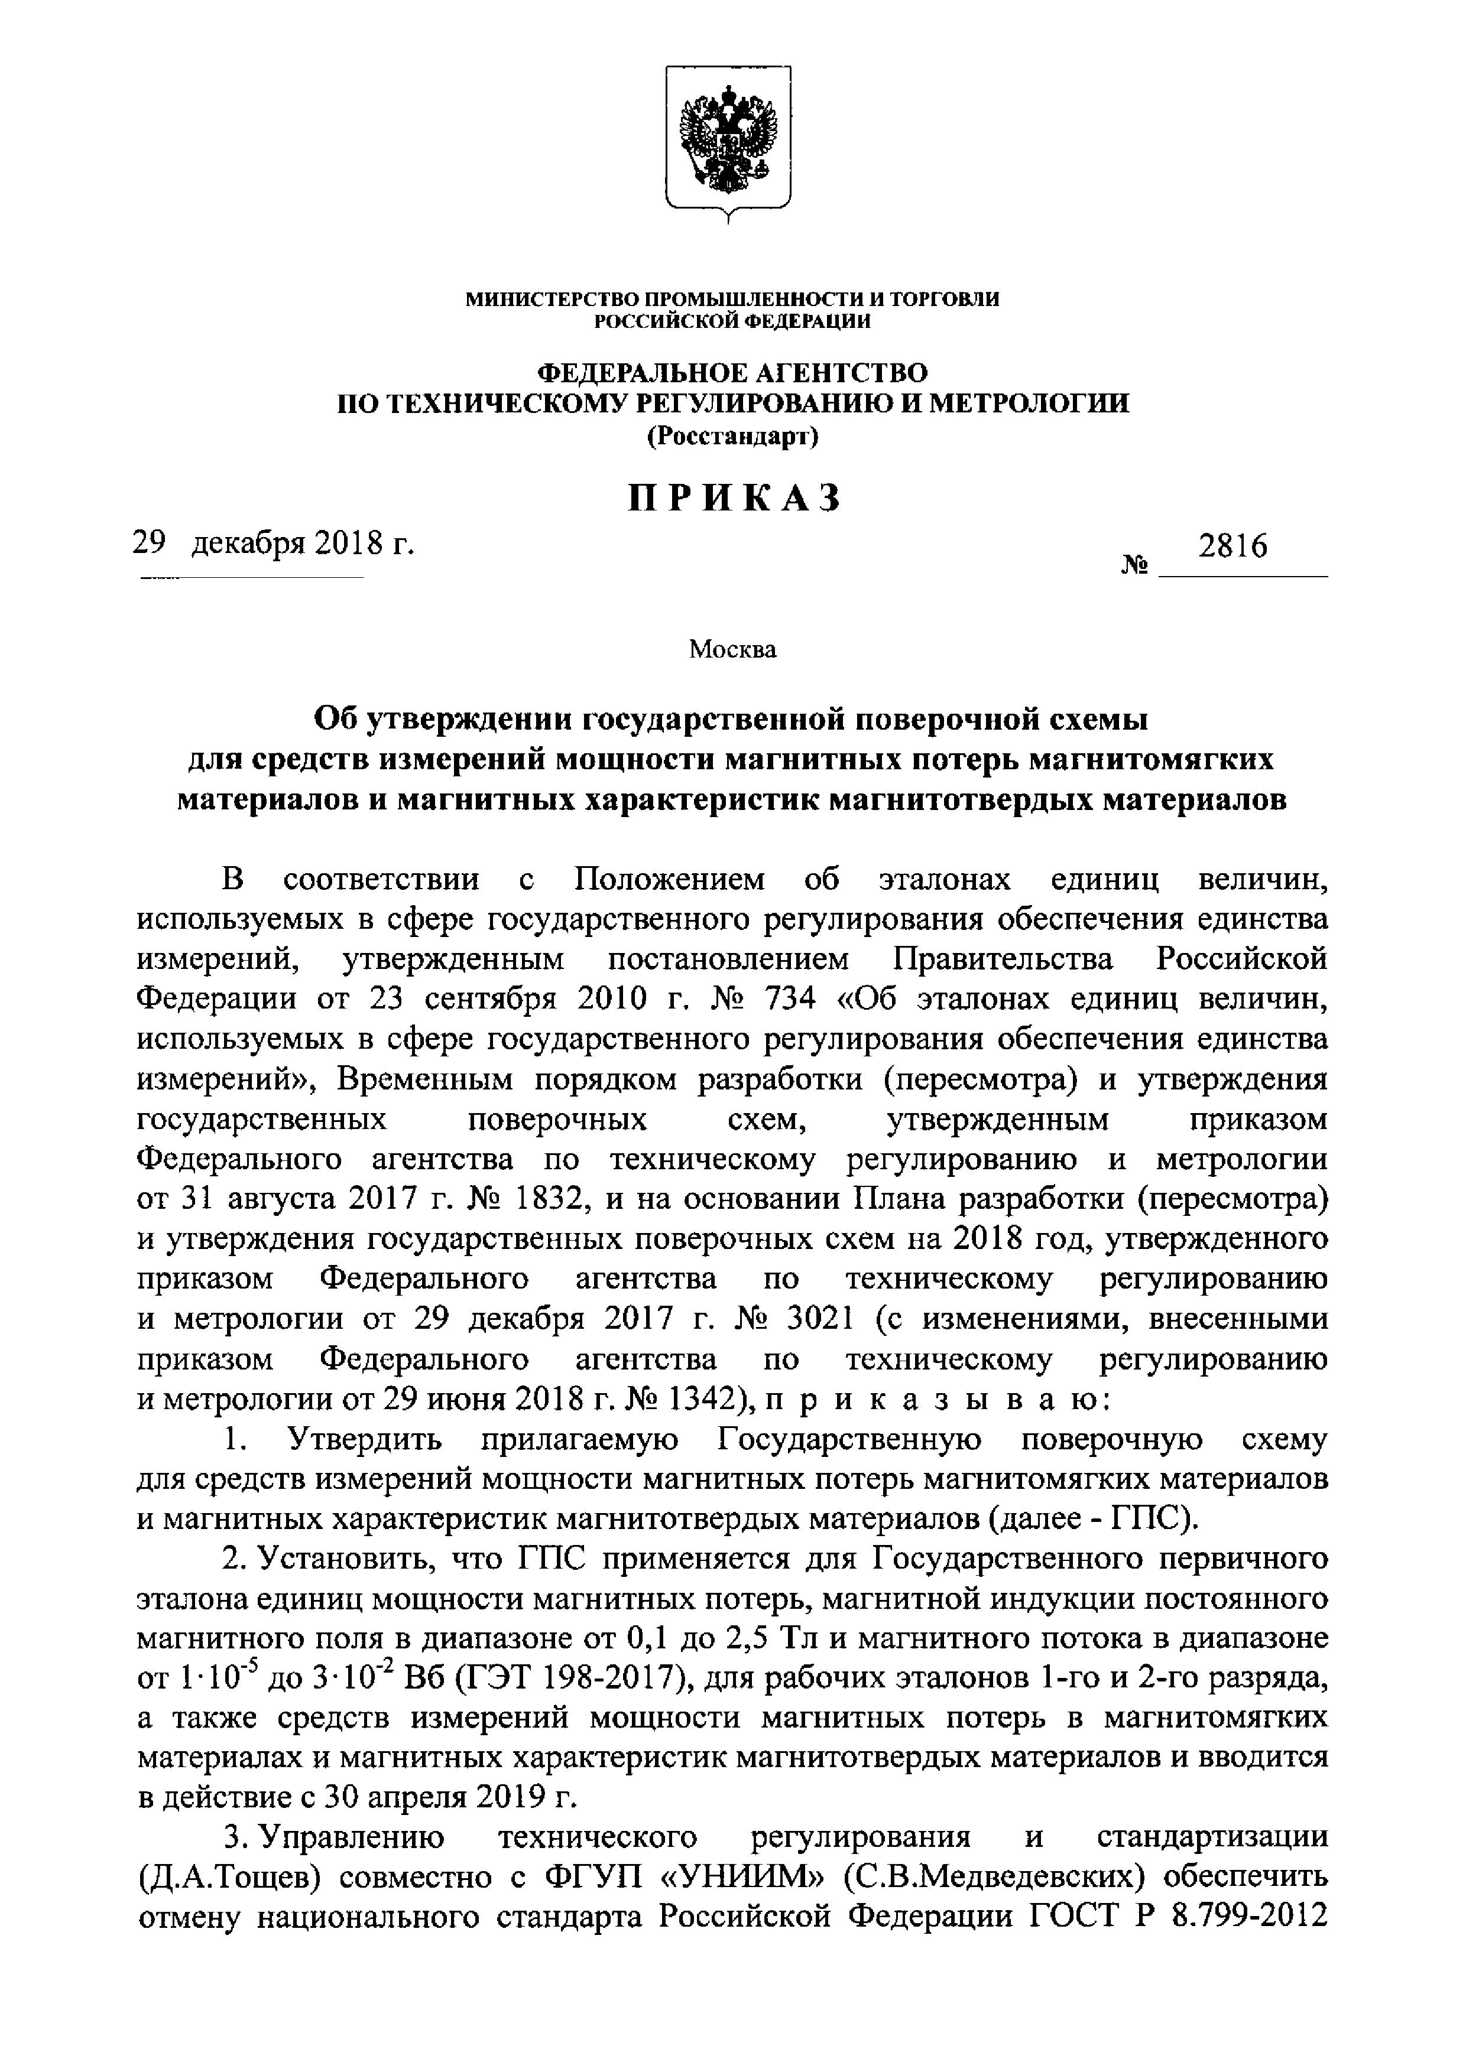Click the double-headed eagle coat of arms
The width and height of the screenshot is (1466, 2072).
click(x=728, y=140)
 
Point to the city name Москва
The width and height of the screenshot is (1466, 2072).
click(x=732, y=649)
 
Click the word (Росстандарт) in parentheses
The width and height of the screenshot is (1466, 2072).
click(x=732, y=437)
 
